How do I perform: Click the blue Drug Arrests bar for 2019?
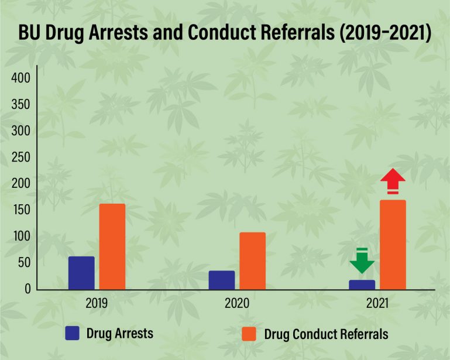coord(81,273)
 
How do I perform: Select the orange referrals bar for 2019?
coord(112,246)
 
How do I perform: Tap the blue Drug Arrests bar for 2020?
coord(222,280)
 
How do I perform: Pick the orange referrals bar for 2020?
coord(252,260)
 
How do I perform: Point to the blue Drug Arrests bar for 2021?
coord(362,284)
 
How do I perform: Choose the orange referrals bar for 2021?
coord(393,245)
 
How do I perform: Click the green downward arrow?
coord(362,262)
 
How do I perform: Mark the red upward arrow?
coord(393,181)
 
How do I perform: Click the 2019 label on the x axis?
coord(96,304)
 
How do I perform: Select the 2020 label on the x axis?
coord(236,304)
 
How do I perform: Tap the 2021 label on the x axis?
coord(377,304)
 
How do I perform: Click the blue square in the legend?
coord(73,334)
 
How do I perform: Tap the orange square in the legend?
coord(249,335)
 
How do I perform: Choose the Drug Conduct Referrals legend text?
coord(326,335)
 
